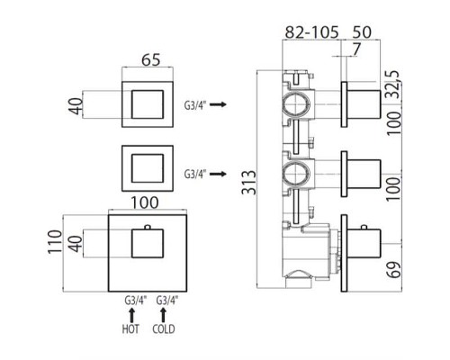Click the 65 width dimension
click(151, 60)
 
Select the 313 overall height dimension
click(249, 183)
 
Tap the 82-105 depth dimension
click(311, 32)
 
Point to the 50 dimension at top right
click(362, 32)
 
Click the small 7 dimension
click(355, 49)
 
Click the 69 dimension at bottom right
click(393, 270)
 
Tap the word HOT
click(130, 329)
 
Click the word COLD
click(164, 329)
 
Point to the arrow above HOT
click(131, 315)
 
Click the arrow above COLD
click(163, 315)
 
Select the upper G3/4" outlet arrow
click(218, 104)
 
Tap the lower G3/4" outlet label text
click(195, 174)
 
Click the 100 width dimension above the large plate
click(145, 202)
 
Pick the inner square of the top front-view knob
click(148, 104)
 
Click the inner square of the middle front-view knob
click(148, 168)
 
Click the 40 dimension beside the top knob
click(76, 106)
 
